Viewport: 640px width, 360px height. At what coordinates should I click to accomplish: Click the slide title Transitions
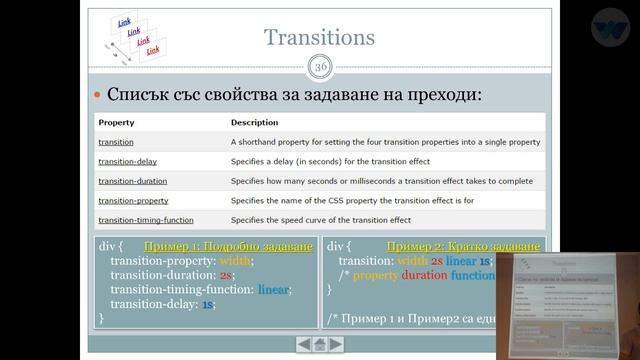[x=319, y=38]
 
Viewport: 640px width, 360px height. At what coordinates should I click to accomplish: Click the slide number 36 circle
[x=320, y=67]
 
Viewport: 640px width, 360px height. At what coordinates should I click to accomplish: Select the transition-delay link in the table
[x=127, y=161]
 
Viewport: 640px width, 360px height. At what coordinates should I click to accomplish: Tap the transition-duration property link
[x=133, y=181]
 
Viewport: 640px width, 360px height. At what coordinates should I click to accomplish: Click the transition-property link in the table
[x=132, y=200]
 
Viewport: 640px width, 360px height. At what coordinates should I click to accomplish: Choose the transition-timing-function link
[x=146, y=220]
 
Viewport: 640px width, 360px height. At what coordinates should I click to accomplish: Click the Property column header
[x=116, y=122]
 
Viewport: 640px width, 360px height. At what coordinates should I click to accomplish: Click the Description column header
[x=254, y=122]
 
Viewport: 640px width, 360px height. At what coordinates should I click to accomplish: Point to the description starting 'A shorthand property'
[x=385, y=142]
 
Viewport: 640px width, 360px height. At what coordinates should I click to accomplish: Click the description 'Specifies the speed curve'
[x=320, y=220]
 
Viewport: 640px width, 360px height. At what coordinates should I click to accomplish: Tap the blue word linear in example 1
[x=273, y=290]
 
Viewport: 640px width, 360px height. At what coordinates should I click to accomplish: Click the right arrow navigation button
[x=336, y=344]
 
